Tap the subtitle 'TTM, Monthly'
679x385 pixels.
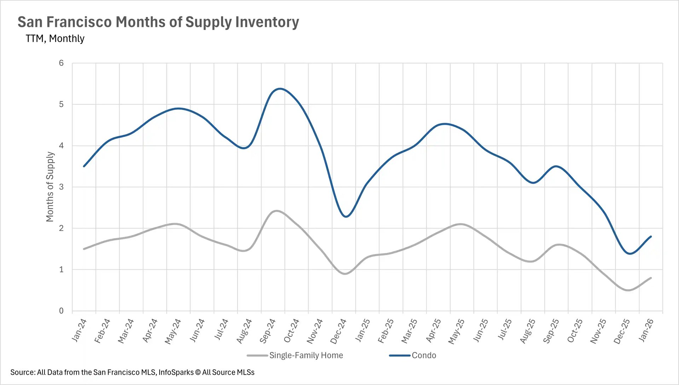click(55, 38)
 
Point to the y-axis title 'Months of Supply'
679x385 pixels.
click(50, 187)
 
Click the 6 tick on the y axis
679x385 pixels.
click(61, 63)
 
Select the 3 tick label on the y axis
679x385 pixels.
click(61, 187)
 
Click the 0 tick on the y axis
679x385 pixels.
click(61, 311)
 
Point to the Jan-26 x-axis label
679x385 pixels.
click(646, 330)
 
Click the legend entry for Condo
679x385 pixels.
click(423, 355)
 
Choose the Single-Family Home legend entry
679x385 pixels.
click(306, 355)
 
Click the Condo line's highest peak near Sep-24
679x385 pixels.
click(280, 88)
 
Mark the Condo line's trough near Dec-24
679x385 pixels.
click(346, 217)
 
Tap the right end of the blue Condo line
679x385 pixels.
click(651, 236)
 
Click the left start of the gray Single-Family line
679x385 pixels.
click(84, 249)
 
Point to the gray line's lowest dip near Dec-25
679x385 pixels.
click(628, 290)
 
